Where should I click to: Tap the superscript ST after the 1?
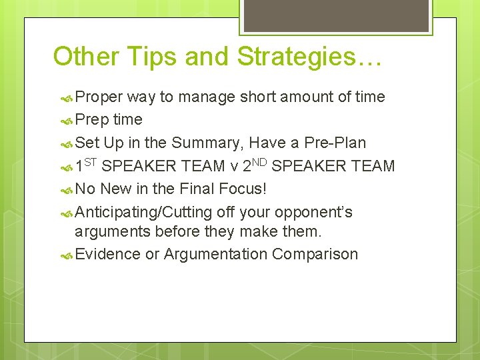[91, 161]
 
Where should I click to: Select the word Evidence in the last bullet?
[107, 255]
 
